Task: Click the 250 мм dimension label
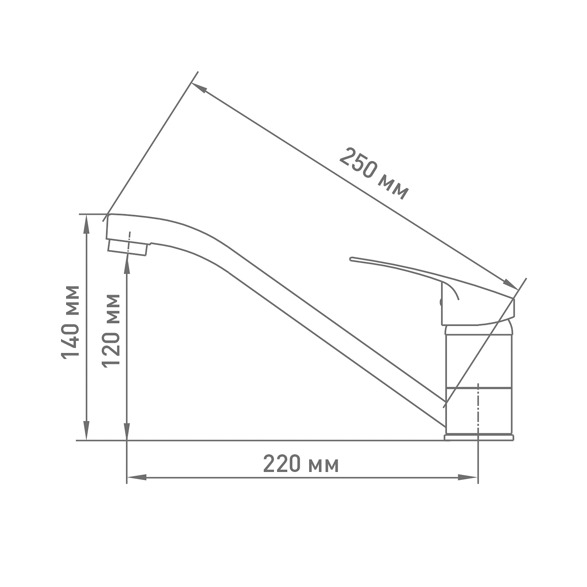[374, 173]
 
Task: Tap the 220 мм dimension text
[301, 465]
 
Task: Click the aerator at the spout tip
[128, 248]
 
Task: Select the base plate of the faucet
[479, 437]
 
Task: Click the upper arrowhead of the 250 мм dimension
[199, 88]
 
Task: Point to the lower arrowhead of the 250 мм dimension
[511, 284]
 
